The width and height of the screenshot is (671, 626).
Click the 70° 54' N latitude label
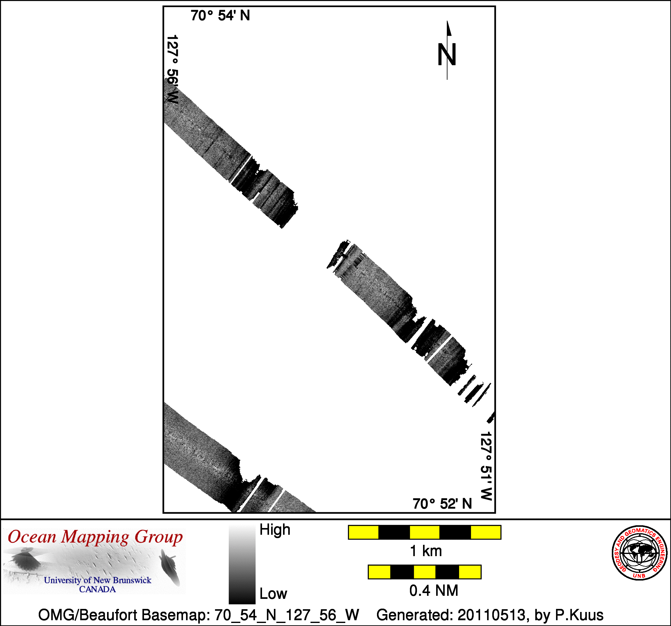coord(220,16)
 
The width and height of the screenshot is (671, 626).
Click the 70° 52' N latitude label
coord(442,504)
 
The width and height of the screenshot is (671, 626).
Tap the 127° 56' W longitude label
coord(172,69)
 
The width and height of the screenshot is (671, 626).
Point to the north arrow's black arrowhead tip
coord(447,21)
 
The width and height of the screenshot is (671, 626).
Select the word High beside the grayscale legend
coord(275,530)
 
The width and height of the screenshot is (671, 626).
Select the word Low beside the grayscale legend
coord(273,594)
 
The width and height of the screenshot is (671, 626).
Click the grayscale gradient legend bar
coord(242,564)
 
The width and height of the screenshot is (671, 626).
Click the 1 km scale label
coord(425,551)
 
